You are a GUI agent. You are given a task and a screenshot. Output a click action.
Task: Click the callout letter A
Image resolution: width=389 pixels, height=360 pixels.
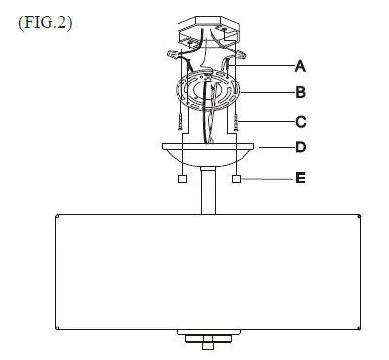pyautogui.click(x=300, y=66)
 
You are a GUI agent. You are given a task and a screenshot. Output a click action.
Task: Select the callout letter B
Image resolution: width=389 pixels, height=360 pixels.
pyautogui.click(x=300, y=94)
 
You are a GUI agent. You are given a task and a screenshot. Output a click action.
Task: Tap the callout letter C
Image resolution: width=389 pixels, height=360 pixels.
pyautogui.click(x=300, y=122)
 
